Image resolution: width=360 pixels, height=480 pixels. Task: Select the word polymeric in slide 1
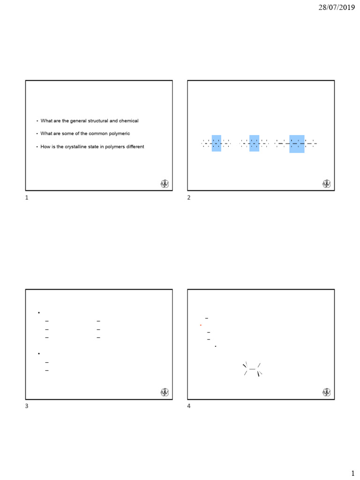pos(120,134)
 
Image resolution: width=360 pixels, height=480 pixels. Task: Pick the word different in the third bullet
pos(133,147)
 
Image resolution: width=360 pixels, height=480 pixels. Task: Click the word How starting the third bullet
pos(45,147)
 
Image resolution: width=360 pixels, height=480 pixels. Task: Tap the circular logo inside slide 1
pos(165,184)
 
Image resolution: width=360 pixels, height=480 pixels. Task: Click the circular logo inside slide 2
pos(327,184)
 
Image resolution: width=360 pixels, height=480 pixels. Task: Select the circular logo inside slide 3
pos(165,392)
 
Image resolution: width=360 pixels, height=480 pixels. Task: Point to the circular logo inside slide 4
pos(327,392)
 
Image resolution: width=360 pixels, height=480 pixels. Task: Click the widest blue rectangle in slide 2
pos(297,144)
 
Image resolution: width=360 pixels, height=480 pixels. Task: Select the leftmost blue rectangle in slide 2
pos(216,143)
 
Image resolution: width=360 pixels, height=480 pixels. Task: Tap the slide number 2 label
pos(189,198)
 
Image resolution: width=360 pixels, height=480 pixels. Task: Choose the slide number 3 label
pos(27,406)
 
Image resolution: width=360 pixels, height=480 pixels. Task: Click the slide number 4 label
pos(189,406)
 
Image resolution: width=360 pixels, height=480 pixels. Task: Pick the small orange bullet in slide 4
pos(201,325)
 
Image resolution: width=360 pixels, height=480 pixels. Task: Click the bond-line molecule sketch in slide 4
pos(252,369)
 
